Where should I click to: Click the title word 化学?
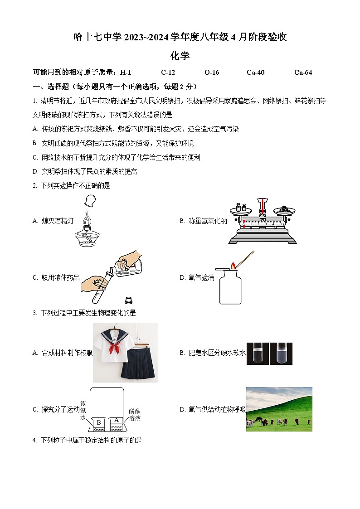pyautogui.click(x=180, y=56)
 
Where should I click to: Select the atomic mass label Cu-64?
pyautogui.click(x=303, y=73)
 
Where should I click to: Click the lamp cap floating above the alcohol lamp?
pyautogui.click(x=91, y=200)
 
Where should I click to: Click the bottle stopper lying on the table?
pyautogui.click(x=128, y=300)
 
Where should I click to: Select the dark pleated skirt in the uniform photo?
pyautogui.click(x=138, y=365)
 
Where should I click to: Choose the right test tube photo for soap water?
pyautogui.click(x=281, y=354)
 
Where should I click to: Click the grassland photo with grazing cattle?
pyautogui.click(x=279, y=409)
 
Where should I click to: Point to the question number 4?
pyautogui.click(x=34, y=440)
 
